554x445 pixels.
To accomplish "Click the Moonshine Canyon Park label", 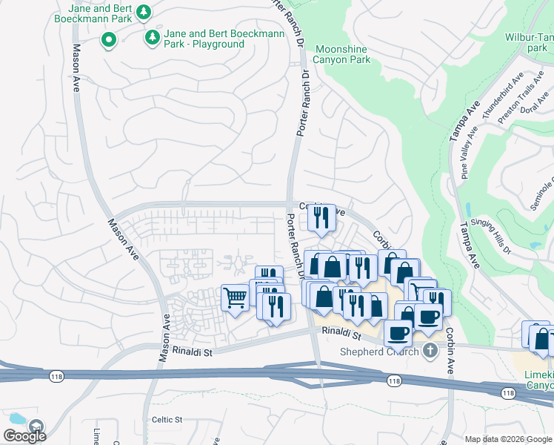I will [341, 54].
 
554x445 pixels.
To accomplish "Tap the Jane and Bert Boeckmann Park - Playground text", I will [204, 39].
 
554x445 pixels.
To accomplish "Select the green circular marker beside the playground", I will [109, 39].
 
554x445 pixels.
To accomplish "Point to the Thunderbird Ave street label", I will [503, 96].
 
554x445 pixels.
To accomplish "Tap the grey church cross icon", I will [430, 352].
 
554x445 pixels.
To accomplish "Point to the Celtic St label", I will [167, 420].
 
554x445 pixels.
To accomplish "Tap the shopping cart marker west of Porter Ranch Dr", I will [236, 298].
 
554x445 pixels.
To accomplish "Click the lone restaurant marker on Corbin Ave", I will [321, 217].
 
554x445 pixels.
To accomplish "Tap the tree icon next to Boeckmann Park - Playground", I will [152, 36].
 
